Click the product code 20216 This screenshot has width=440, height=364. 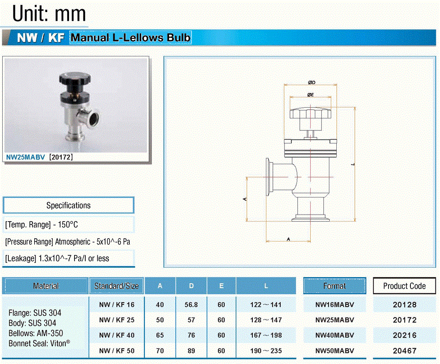pyautogui.click(x=404, y=335)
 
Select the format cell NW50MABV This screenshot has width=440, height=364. pyautogui.click(x=334, y=351)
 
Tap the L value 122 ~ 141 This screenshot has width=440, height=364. pyautogui.click(x=266, y=305)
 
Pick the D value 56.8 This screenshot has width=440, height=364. pyautogui.click(x=191, y=305)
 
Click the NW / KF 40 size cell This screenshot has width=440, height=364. pyautogui.click(x=117, y=335)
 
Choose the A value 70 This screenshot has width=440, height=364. pyautogui.click(x=160, y=351)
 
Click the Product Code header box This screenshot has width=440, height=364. pyautogui.click(x=404, y=286)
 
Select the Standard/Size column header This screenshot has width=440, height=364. pyautogui.click(x=116, y=286)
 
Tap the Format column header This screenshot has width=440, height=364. pyautogui.click(x=334, y=286)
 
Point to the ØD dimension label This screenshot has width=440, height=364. pyautogui.click(x=312, y=82)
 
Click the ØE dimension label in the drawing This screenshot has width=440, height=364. pyautogui.click(x=310, y=95)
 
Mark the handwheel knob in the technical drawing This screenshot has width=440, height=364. pyautogui.click(x=310, y=113)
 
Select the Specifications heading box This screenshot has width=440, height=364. pyautogui.click(x=69, y=205)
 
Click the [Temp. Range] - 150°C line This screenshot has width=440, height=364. pyautogui.click(x=42, y=224)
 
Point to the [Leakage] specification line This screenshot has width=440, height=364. pyautogui.click(x=57, y=259)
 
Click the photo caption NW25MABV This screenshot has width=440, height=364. pyautogui.click(x=25, y=157)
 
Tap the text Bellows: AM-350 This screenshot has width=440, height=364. pyautogui.click(x=36, y=333)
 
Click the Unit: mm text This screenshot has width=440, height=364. pyautogui.click(x=49, y=13)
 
